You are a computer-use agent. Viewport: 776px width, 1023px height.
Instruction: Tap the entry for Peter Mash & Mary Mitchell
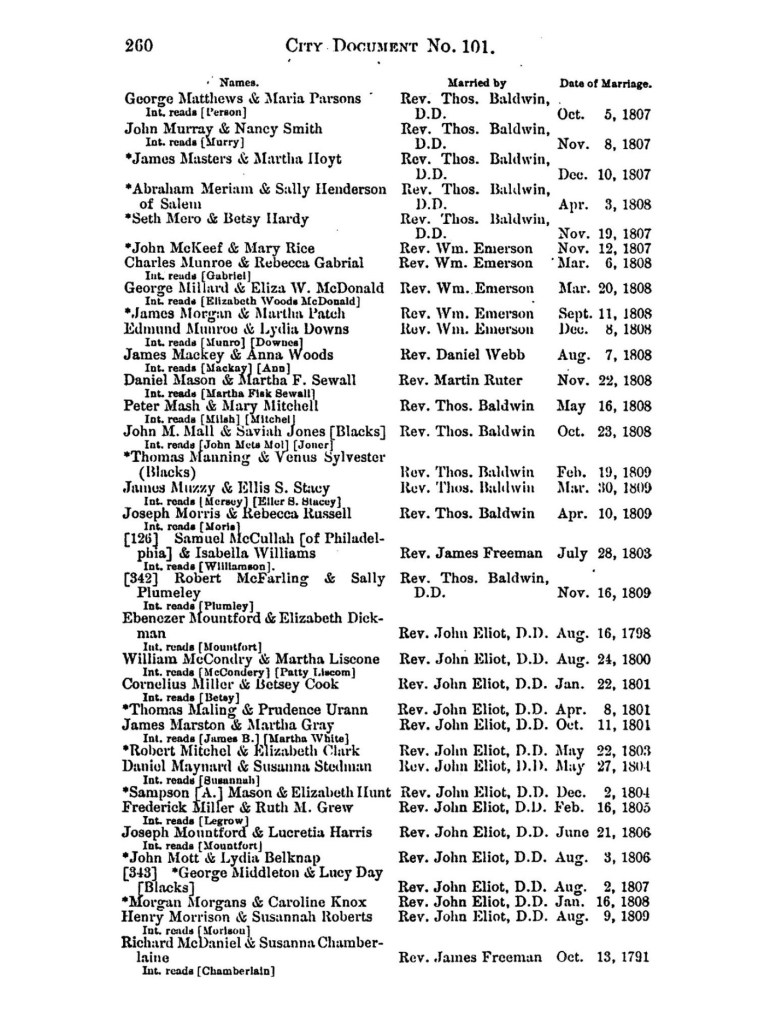pos(221,406)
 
